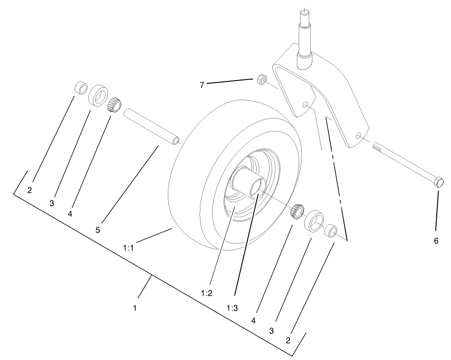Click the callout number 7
pos(202,84)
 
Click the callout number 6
pos(435,241)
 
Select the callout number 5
pos(97,230)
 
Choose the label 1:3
pos(232,308)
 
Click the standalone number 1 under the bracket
pos(135,308)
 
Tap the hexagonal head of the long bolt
pos(438,182)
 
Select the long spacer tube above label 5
pos(151,125)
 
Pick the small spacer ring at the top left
pos(81,87)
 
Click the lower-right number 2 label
pos(288,340)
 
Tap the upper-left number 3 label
pos(52,203)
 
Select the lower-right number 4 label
pos(253,320)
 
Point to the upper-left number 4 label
pos(70,213)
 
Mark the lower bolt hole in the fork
pos(359,135)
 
